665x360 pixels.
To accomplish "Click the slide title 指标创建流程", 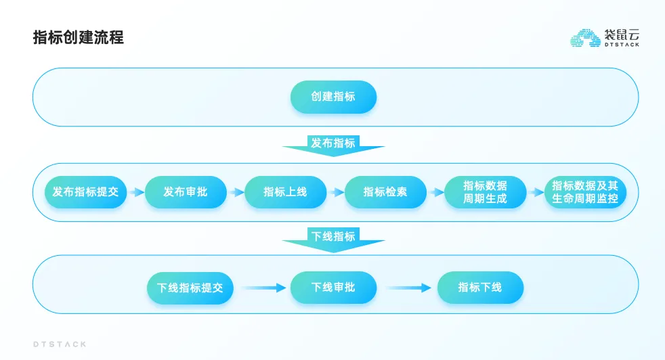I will (78, 37).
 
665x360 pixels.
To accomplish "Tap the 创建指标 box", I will (333, 97).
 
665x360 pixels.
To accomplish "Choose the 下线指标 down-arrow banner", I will (333, 238).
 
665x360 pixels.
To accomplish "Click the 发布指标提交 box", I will (85, 192).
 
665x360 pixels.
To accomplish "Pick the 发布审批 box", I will (185, 192).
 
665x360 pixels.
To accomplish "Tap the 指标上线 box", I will (285, 192).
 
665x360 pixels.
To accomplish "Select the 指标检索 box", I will (385, 192).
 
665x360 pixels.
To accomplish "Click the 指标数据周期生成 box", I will (485, 192).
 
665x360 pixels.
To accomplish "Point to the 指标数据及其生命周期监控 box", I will (585, 192).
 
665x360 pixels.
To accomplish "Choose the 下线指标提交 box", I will (190, 288).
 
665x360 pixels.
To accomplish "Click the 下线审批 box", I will (333, 288).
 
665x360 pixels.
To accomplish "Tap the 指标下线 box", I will (480, 288).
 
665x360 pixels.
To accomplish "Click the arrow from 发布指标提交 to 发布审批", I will (136, 192).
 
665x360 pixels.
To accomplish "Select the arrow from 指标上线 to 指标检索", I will (336, 192).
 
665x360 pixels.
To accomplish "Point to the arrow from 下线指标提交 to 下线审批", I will (263, 288).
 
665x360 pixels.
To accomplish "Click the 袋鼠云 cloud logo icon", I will (585, 38).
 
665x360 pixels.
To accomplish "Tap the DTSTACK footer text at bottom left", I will (60, 344).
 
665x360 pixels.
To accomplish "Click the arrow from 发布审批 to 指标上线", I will (236, 192).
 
